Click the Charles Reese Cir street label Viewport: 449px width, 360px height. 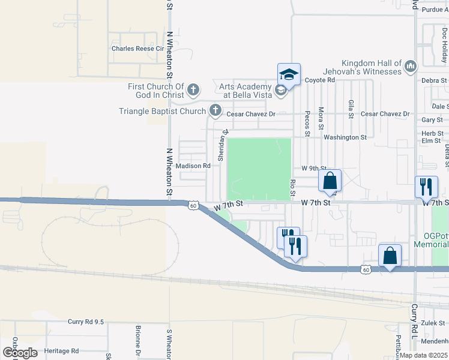[137, 49]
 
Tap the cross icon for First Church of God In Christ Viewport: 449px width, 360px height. [193, 91]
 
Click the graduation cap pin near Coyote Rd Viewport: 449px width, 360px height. [289, 75]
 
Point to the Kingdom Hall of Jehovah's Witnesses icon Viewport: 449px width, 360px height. [411, 65]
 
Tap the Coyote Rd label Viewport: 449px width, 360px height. [319, 80]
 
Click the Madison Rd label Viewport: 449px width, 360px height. [193, 166]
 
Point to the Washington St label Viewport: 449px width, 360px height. [345, 137]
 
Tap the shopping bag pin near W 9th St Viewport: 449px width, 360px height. [330, 181]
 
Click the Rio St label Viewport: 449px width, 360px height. [293, 187]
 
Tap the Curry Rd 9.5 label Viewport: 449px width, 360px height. [86, 322]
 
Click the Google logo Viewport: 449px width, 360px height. [19, 353]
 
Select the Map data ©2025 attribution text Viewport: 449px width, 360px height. [424, 355]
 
